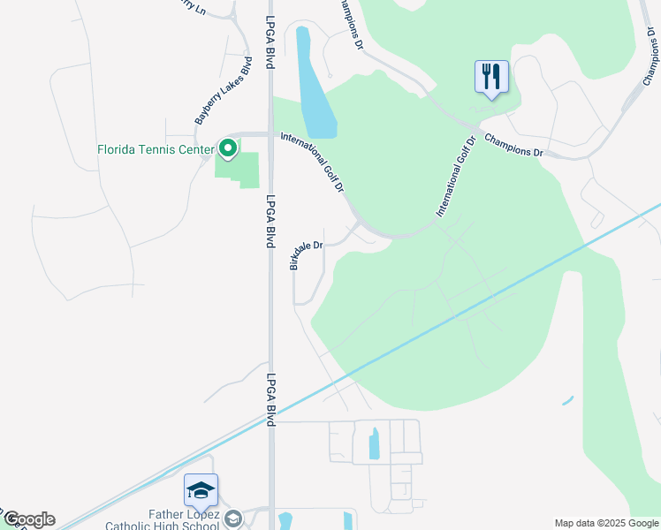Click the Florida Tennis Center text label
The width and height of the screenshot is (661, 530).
coord(155,149)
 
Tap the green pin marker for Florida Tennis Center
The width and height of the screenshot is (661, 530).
coord(228,148)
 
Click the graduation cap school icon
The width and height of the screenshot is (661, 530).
coord(201,490)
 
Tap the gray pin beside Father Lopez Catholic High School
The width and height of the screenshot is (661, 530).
coord(233,519)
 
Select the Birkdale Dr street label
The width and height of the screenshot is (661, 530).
coord(307,253)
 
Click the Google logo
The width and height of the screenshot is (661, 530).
coord(28,519)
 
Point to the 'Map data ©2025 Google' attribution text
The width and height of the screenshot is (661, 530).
coord(605,523)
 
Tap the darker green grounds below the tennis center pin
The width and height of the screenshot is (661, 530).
coord(239,169)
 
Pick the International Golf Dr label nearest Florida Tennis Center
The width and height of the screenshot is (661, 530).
coord(312,163)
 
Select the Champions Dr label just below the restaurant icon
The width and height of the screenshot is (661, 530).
coord(513,146)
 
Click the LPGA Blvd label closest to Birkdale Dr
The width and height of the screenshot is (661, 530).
coord(271,222)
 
